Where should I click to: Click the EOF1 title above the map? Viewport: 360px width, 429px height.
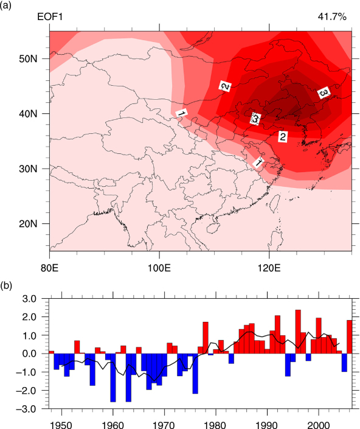(x=50, y=17)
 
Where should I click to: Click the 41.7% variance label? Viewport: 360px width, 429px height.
(x=332, y=17)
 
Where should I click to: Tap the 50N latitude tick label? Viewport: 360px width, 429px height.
(x=28, y=59)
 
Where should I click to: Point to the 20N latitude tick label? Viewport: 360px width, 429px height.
(x=28, y=224)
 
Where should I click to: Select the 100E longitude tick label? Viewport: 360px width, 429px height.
(x=159, y=268)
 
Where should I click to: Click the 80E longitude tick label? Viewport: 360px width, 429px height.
(x=49, y=268)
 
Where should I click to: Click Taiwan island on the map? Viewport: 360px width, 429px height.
(x=275, y=203)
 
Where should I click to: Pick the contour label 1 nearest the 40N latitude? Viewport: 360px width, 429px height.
(x=181, y=113)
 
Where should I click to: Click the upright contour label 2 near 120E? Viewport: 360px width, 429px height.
(x=282, y=136)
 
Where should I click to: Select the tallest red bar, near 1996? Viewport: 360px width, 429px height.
(x=298, y=332)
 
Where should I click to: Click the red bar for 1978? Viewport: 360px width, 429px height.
(x=206, y=338)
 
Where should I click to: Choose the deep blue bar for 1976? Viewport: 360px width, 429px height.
(x=195, y=374)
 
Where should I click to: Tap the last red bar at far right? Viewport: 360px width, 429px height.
(x=349, y=337)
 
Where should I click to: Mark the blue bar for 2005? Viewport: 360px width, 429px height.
(x=344, y=363)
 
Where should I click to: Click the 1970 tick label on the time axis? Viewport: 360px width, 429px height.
(x=164, y=425)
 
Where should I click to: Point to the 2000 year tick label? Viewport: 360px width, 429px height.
(x=319, y=425)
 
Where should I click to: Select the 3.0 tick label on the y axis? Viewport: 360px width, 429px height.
(x=30, y=299)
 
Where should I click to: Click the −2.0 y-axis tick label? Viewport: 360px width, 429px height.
(x=26, y=391)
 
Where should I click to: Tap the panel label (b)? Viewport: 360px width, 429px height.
(x=6, y=286)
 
